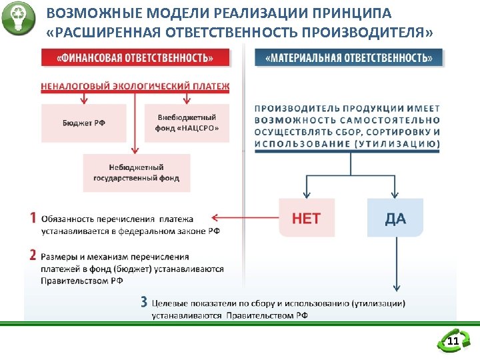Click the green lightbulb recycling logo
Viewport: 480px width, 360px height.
click(17, 18)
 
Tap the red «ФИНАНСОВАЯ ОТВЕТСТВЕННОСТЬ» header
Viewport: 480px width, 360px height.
click(135, 57)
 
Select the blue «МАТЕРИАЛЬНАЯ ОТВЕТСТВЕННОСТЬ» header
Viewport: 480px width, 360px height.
click(348, 57)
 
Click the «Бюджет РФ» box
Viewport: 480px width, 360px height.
click(83, 123)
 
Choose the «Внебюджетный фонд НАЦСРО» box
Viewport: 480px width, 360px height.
click(187, 123)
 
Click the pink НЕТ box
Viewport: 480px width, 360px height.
click(306, 218)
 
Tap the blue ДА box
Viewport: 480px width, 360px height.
click(395, 218)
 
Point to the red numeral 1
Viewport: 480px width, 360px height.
click(33, 218)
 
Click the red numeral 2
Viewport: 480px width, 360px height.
click(33, 255)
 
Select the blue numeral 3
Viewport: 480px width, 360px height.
click(144, 301)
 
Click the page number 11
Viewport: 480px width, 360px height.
click(453, 343)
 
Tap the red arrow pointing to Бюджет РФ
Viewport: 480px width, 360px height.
click(83, 97)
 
